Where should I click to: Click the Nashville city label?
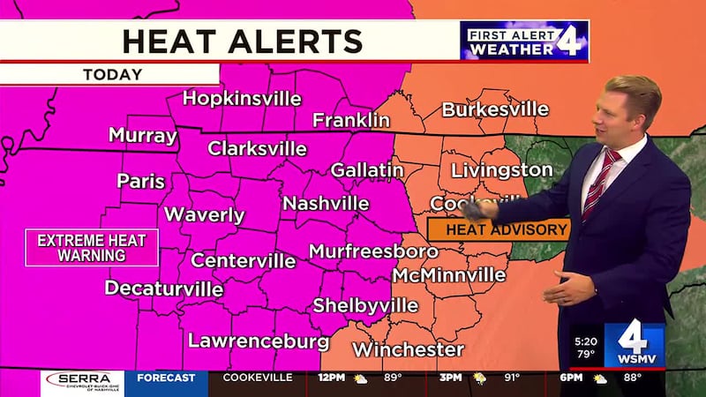pyautogui.click(x=326, y=203)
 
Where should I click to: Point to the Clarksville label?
pyautogui.click(x=257, y=148)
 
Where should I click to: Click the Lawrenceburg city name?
pyautogui.click(x=259, y=340)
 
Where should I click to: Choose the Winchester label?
pyautogui.click(x=409, y=349)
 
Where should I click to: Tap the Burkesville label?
pyautogui.click(x=495, y=109)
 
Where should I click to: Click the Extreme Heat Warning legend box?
pyautogui.click(x=92, y=247)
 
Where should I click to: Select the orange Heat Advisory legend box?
pyautogui.click(x=499, y=229)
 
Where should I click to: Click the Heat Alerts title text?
pyautogui.click(x=242, y=41)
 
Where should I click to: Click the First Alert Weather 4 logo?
pyautogui.click(x=523, y=41)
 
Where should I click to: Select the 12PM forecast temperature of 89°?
pyautogui.click(x=390, y=378)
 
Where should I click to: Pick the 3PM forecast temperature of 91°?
pyautogui.click(x=511, y=378)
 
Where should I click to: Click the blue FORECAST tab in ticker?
pyautogui.click(x=166, y=378)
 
